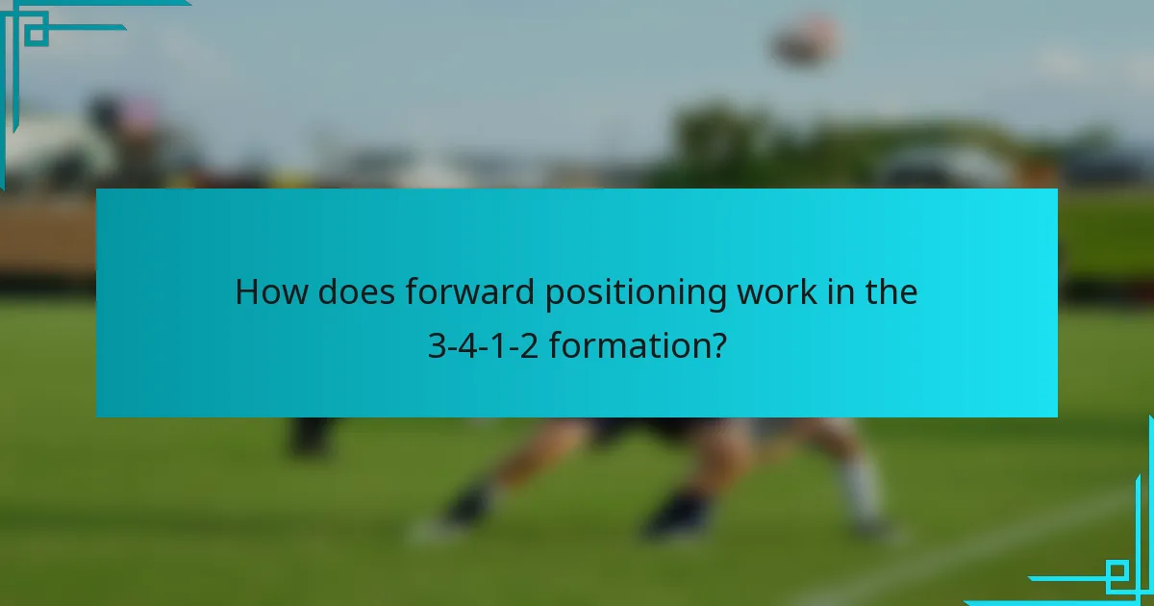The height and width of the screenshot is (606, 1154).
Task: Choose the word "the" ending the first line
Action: (x=891, y=292)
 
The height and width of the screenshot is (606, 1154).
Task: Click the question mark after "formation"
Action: (x=717, y=345)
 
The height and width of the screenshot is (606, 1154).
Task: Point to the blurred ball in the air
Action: (x=806, y=40)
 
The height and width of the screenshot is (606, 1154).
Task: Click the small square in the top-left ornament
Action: (x=36, y=32)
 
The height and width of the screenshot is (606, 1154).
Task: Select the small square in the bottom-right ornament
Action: (x=1118, y=574)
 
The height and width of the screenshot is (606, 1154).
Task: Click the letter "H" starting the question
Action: (x=247, y=292)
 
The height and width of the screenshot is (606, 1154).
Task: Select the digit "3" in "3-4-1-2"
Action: (x=436, y=345)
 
